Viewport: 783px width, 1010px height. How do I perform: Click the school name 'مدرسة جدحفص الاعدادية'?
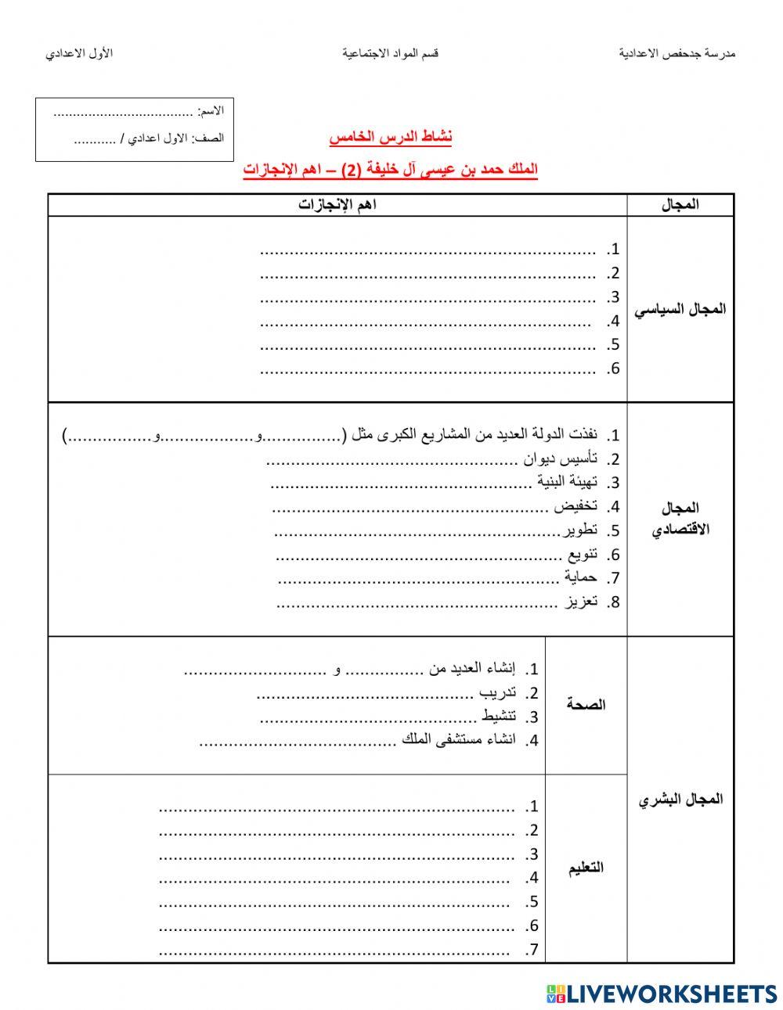[677, 53]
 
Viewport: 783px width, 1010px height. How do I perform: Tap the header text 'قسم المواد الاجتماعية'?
[390, 53]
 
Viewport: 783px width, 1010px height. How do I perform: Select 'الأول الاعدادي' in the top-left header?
[79, 53]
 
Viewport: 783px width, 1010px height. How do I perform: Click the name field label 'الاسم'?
[211, 112]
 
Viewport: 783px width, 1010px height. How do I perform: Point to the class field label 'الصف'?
[213, 138]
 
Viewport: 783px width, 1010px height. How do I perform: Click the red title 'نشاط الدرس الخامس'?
[391, 138]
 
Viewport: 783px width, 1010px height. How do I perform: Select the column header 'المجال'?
[680, 205]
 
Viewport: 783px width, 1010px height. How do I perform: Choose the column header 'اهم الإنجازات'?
[337, 205]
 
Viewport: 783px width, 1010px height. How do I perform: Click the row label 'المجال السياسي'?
[680, 309]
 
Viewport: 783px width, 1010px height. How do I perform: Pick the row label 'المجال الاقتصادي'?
[680, 519]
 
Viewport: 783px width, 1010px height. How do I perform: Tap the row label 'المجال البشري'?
[680, 800]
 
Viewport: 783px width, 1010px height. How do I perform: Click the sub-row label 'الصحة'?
[586, 705]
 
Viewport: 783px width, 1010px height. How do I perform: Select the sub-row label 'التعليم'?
[586, 868]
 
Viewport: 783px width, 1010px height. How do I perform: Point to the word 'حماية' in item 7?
[580, 577]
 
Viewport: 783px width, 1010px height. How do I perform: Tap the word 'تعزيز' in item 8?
[582, 602]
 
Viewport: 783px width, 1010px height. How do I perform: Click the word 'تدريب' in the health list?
[498, 692]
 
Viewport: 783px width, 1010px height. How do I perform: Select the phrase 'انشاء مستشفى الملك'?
[459, 739]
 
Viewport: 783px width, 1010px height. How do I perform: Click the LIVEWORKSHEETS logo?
[662, 994]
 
